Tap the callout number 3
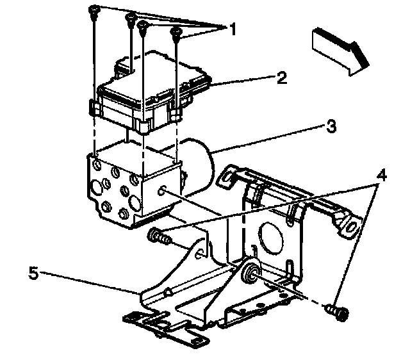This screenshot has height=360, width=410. click(330, 127)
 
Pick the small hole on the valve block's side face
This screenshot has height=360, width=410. click(164, 188)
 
